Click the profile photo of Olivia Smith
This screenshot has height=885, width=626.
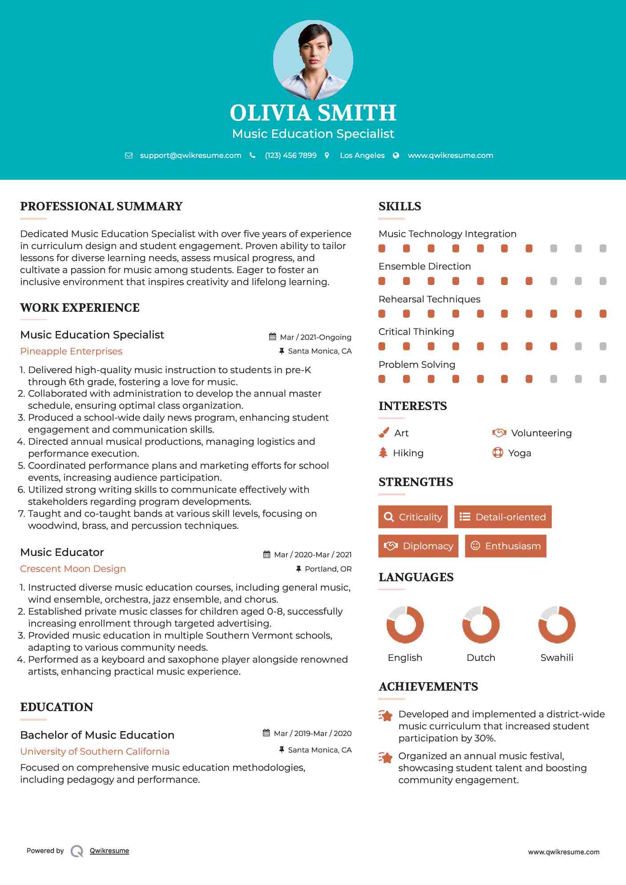point(313,60)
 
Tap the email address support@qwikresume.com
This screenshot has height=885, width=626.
point(190,155)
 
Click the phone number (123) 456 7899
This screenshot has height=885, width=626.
point(291,155)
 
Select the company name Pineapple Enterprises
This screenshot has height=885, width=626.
point(71,351)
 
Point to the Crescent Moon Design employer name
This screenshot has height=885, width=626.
point(73,569)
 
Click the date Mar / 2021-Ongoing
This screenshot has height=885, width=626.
point(315,337)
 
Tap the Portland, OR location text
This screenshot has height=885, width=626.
point(328,569)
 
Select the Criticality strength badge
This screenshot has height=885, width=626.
point(413,517)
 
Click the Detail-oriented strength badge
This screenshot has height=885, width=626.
point(503,517)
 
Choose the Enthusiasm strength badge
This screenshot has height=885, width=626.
point(505,546)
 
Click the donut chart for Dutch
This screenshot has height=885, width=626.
point(481,624)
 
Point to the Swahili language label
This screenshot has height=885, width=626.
point(557,658)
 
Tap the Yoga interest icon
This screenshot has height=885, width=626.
point(498,453)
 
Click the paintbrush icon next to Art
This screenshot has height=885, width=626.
point(384,433)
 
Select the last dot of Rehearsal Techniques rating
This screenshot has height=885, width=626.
point(603,314)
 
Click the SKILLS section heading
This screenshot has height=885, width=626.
point(400,206)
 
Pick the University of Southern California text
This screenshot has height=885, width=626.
point(95,752)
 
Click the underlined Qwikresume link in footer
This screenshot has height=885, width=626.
point(109,851)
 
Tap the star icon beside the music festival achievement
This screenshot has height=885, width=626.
point(386,757)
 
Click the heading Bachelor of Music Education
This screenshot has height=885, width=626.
point(97,735)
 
